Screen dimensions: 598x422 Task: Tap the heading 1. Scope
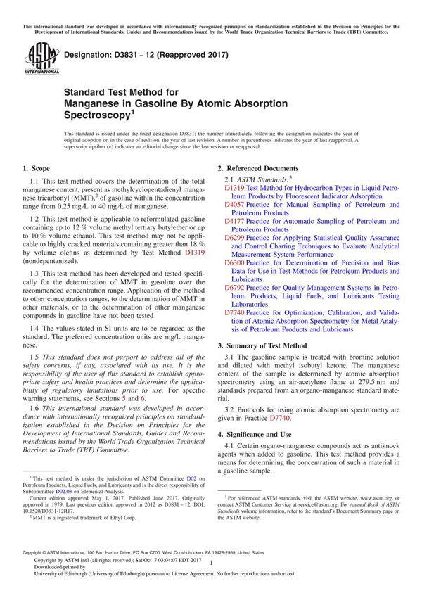36,169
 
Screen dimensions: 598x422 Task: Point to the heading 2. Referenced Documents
257,169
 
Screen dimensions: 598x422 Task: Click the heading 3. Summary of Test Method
262,346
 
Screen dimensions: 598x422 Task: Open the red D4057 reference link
234,205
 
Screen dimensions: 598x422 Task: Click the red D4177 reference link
234,221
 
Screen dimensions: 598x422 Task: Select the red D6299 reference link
234,237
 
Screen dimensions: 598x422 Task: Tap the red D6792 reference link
234,287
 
